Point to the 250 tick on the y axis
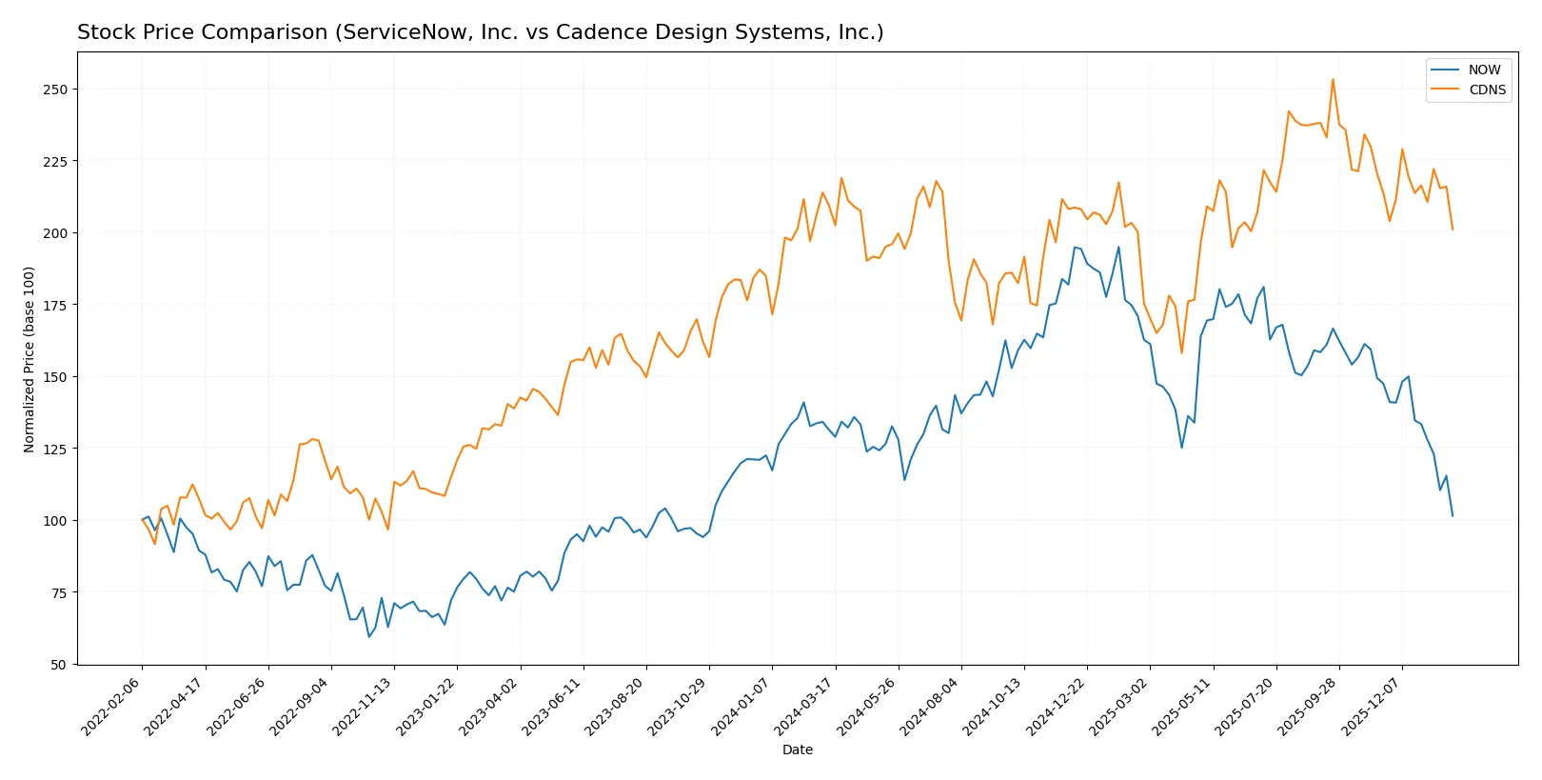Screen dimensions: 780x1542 (55, 90)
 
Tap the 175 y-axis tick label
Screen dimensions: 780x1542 (55, 305)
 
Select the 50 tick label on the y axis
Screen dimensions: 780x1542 (59, 665)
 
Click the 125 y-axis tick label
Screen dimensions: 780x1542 (55, 449)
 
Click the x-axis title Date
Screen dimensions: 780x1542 (798, 750)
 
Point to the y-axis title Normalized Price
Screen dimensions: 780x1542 (30, 359)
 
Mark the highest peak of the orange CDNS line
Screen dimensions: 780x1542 (1333, 79)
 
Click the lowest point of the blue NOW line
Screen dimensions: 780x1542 (369, 637)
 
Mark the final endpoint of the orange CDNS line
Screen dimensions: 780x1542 (1453, 230)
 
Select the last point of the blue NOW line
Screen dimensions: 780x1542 (1453, 516)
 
